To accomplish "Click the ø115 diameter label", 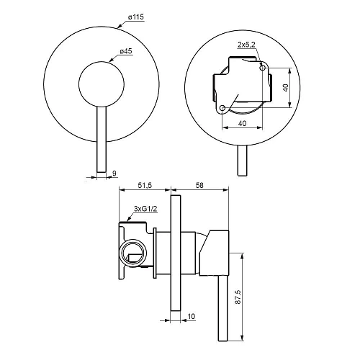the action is pos(136,17).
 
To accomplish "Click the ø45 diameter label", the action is pos(126,51).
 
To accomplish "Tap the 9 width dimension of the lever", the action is pos(114,173).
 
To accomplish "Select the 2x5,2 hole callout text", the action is pos(246,45).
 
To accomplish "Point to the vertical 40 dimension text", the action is pos(285,88).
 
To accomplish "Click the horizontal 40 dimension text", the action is pos(242,123).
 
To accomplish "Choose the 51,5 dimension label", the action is pos(145,185).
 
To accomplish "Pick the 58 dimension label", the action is pos(199,185).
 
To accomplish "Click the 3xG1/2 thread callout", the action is pos(145,209).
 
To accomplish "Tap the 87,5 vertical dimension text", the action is pos(238,297).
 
